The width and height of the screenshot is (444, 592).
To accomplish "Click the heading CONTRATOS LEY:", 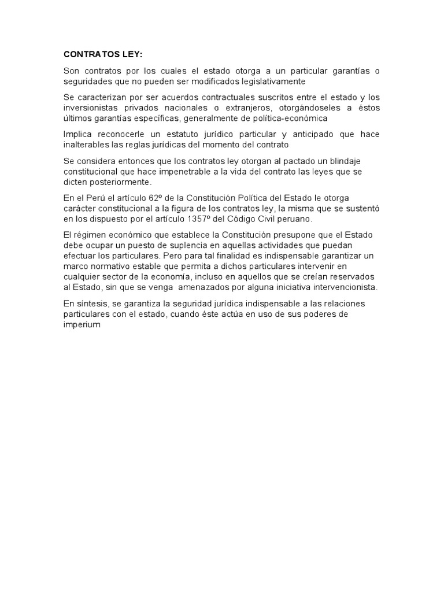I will [x=102, y=55].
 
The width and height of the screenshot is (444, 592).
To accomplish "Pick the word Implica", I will [x=77, y=135].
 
